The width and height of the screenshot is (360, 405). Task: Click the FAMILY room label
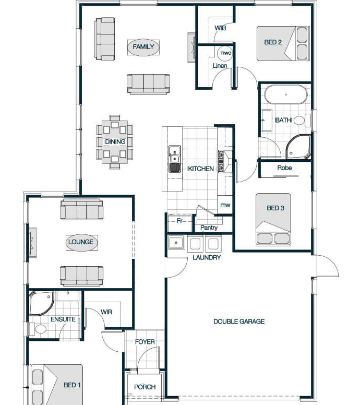(x=143, y=47)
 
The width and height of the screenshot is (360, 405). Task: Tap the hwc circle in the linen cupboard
(x=225, y=53)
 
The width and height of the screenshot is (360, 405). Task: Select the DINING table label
(x=115, y=141)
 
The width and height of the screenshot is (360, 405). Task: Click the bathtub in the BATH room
(x=286, y=94)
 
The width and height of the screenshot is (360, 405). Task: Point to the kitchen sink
(x=175, y=159)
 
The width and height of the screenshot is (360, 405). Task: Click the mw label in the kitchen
(x=225, y=205)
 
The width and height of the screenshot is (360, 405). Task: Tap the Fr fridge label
(x=180, y=221)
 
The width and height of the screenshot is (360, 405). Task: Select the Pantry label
(x=209, y=228)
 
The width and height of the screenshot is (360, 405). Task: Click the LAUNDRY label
(x=207, y=257)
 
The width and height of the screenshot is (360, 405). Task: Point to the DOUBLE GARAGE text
(x=239, y=321)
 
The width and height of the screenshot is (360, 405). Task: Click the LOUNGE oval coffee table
(x=82, y=242)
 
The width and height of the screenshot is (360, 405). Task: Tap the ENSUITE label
(x=63, y=319)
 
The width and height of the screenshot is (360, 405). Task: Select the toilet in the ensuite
(x=38, y=329)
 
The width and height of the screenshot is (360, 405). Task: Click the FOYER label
(x=145, y=342)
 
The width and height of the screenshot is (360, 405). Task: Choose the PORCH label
(x=145, y=387)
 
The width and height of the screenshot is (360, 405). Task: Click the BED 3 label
(x=275, y=208)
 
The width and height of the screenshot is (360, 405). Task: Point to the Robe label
(x=284, y=168)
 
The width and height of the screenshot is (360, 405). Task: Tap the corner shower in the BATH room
(x=298, y=147)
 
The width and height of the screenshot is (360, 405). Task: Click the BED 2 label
(x=273, y=42)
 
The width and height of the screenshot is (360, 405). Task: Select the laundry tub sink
(x=176, y=243)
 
